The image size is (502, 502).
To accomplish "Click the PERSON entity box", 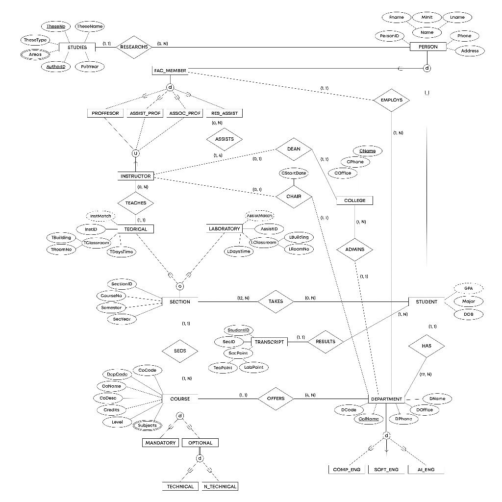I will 427,47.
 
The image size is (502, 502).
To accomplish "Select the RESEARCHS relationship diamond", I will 133,47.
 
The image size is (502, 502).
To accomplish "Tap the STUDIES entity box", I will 77,48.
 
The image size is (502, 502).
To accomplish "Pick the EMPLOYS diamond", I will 391,100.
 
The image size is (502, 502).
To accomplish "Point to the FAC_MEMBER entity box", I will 170,71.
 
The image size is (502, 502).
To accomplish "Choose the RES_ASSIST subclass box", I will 224,113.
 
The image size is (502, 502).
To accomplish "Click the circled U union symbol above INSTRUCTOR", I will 135,153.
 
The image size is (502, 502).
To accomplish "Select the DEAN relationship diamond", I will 294,149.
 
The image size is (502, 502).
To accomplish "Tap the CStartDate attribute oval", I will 294,173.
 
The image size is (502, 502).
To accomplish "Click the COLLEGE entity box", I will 354,201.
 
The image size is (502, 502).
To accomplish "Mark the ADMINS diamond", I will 354,250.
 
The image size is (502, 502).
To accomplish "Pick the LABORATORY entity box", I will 225,229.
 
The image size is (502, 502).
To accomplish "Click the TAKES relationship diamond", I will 276,301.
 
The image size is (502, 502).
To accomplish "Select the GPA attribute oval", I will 468,289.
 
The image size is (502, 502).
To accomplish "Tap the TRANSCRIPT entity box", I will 269,342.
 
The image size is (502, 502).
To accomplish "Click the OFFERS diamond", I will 276,399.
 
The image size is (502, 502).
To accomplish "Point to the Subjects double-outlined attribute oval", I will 147,425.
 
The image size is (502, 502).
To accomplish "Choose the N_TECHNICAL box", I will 220,486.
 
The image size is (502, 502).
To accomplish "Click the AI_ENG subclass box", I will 426,470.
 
